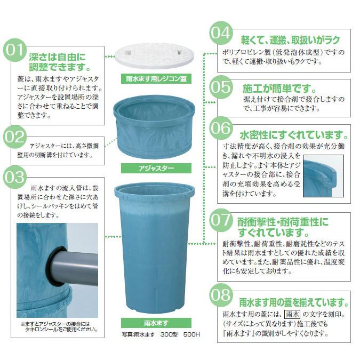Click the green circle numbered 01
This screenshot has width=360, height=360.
coord(14,52)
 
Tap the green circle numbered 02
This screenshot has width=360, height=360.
coord(14,138)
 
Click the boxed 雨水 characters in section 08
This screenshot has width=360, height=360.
coord(294,315)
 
